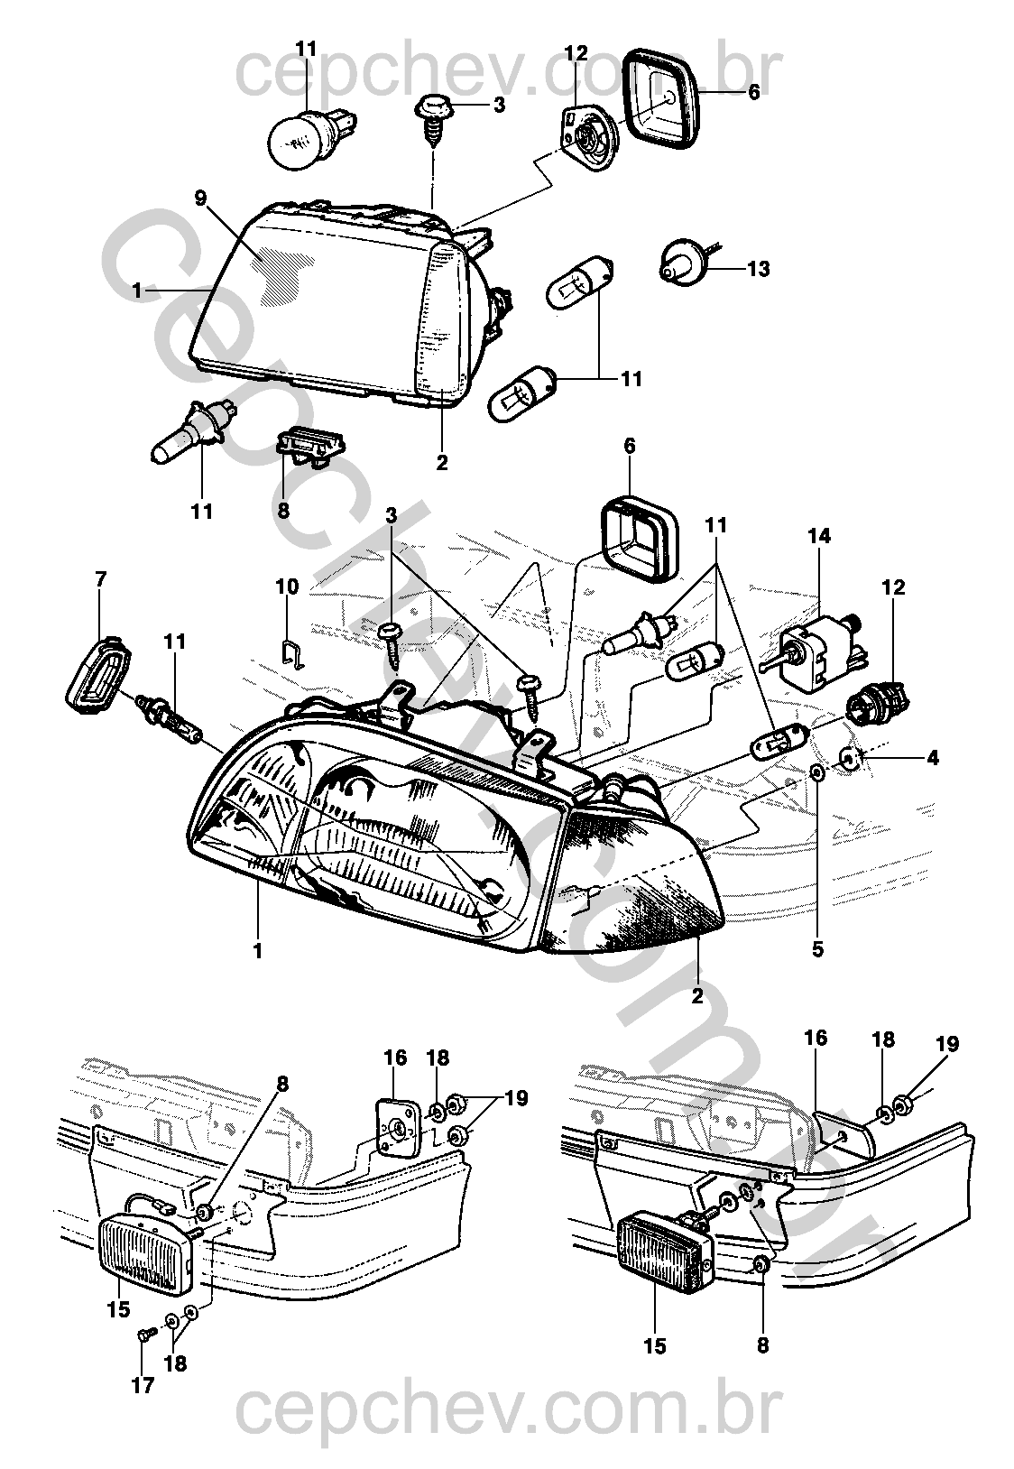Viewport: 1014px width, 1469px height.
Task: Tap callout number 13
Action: [758, 269]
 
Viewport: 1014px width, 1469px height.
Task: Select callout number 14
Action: [819, 536]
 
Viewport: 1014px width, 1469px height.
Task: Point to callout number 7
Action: [100, 577]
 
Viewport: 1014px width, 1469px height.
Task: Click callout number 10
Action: [287, 587]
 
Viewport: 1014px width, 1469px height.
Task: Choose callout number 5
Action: [817, 948]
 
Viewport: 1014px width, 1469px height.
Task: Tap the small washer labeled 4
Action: [850, 760]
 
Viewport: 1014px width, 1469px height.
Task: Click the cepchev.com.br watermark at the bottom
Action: [506, 1428]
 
